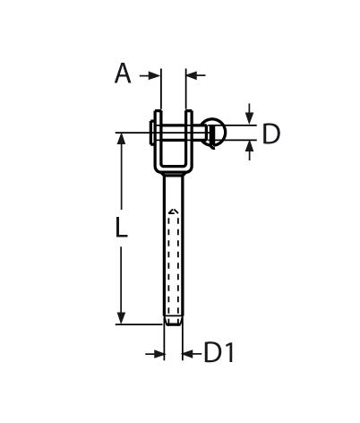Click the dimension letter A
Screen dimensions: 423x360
point(123,73)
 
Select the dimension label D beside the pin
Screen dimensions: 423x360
point(270,134)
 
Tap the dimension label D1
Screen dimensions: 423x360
point(219,353)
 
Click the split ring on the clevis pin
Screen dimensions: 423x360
point(215,133)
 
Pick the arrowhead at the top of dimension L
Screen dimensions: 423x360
point(121,142)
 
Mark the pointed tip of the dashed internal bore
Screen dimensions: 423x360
point(174,211)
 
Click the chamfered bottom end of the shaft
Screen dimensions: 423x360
point(174,320)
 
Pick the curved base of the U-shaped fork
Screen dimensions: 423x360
point(173,170)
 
